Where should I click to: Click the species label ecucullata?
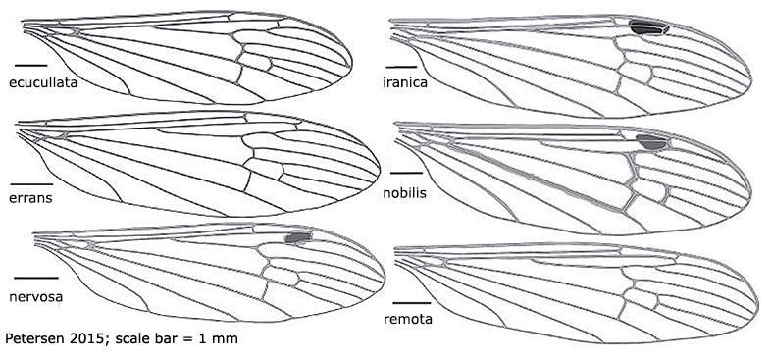click(x=43, y=83)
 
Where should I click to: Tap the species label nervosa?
click(x=36, y=292)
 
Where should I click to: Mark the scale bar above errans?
click(x=31, y=182)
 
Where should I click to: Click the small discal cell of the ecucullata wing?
click(x=256, y=62)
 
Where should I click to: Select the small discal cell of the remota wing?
click(x=641, y=294)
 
